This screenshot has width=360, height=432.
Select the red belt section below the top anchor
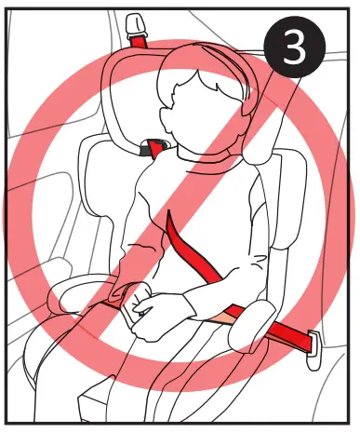(140, 42)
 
